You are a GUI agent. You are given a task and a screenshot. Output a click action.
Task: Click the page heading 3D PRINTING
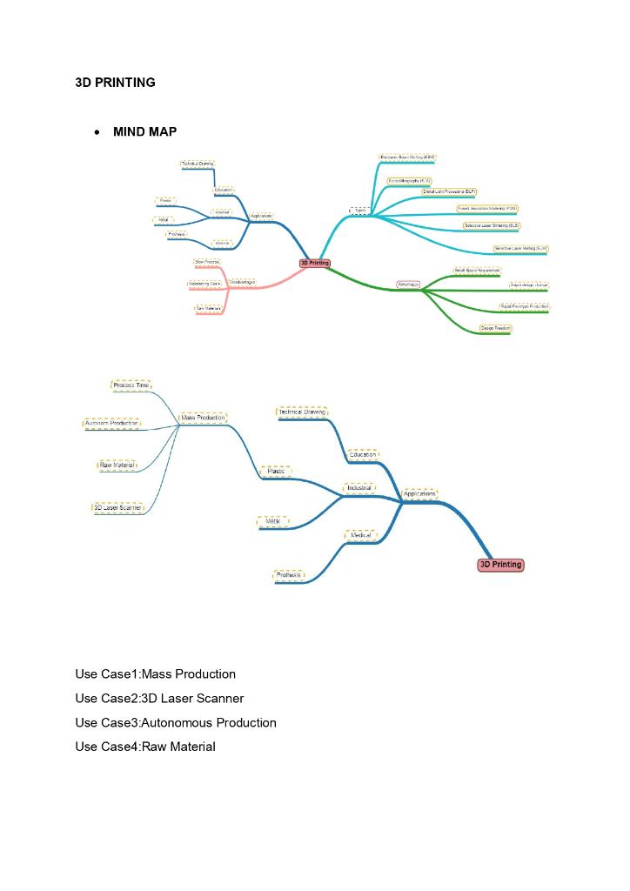click(115, 83)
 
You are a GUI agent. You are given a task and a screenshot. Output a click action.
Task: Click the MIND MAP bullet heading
click(144, 132)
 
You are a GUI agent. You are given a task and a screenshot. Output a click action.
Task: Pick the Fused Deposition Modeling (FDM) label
click(487, 209)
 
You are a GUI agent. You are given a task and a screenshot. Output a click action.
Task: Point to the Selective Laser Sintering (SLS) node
click(492, 225)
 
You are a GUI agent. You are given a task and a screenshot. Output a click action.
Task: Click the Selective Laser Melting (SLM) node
click(520, 249)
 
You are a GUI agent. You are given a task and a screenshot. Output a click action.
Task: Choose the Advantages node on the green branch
click(408, 285)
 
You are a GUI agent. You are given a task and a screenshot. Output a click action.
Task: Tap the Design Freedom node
click(495, 329)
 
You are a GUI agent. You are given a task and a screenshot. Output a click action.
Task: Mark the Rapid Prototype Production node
click(524, 307)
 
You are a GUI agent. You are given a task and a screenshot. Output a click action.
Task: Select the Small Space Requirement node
click(477, 271)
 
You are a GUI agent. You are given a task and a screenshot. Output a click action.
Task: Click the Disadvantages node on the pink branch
click(241, 283)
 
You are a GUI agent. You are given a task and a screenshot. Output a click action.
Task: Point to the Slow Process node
click(207, 262)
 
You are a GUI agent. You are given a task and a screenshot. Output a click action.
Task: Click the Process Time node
click(131, 385)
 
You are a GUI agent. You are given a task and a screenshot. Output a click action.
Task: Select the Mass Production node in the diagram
click(203, 418)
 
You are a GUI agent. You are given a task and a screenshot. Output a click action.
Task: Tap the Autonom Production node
click(111, 424)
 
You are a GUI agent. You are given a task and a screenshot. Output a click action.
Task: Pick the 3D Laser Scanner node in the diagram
click(117, 507)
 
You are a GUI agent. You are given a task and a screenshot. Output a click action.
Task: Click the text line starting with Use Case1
click(155, 674)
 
